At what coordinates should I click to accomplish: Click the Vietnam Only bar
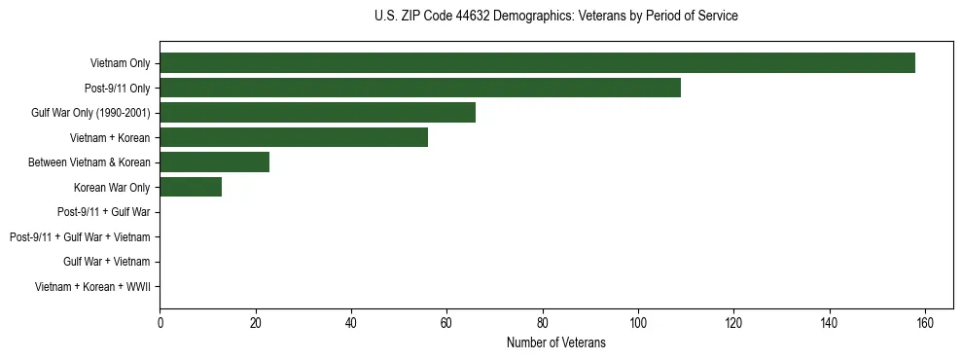(x=537, y=63)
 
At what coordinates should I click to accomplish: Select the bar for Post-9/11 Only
(x=420, y=88)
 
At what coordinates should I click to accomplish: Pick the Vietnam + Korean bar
(x=294, y=137)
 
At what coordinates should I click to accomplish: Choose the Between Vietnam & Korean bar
(x=214, y=162)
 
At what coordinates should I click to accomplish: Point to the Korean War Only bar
(x=191, y=187)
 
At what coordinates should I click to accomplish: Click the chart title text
(x=555, y=17)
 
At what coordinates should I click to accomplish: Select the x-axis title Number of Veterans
(x=555, y=342)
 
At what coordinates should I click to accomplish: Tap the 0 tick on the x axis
(x=160, y=322)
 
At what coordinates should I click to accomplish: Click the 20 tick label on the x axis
(x=255, y=322)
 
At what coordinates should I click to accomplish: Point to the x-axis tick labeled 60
(x=446, y=322)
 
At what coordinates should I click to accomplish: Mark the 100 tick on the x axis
(x=638, y=322)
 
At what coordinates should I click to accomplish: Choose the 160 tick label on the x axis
(x=925, y=322)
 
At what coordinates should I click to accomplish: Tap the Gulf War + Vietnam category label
(x=106, y=262)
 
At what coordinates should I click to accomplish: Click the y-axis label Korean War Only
(x=112, y=187)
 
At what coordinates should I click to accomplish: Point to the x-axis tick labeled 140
(x=830, y=322)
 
